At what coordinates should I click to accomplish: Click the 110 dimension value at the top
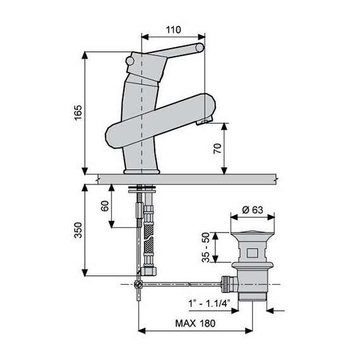coord(174,30)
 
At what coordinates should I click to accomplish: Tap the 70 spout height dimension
coord(216,149)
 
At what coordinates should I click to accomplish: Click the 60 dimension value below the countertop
coord(104,207)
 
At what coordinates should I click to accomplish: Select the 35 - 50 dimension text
coord(205,248)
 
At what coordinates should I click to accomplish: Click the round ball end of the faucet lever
coord(201,49)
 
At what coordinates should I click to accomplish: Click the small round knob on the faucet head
coord(131,61)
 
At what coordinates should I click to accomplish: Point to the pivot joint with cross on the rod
coord(140,285)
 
